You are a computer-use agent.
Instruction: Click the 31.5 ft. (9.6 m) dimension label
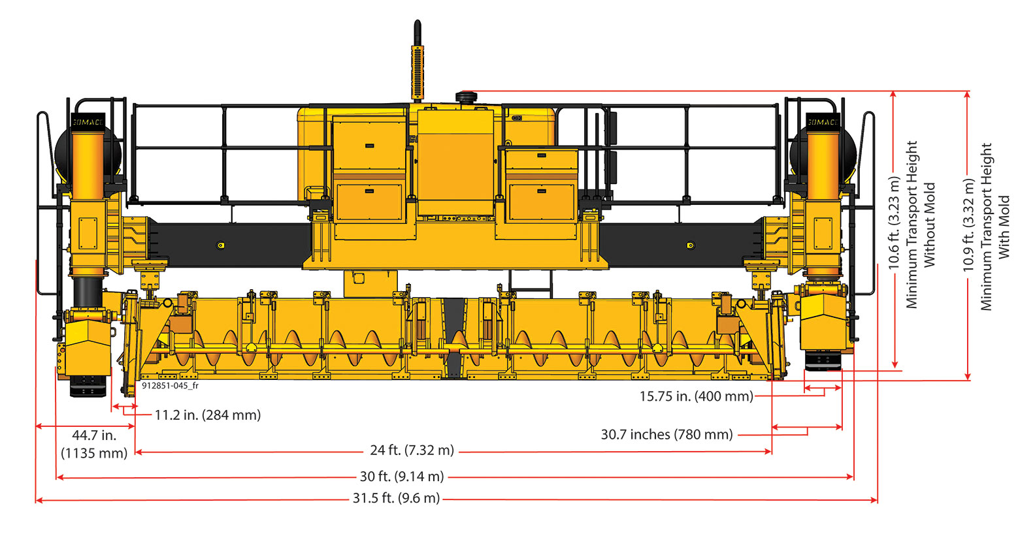pos(396,499)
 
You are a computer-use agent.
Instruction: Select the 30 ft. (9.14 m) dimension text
pos(402,477)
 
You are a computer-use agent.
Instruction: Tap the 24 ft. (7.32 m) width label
pos(412,450)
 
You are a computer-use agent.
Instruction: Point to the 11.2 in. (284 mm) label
pos(208,415)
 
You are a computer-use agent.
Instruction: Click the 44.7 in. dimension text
pos(94,435)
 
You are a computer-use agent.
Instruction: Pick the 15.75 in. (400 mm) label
pos(696,396)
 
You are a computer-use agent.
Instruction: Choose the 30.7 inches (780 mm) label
pos(666,434)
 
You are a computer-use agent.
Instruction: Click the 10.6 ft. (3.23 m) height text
pos(894,223)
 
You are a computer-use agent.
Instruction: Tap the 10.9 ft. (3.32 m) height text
pos(969,225)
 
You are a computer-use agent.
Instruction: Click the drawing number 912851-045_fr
pos(170,386)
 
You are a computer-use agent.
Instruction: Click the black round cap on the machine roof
pos(467,98)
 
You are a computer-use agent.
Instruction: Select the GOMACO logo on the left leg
pos(88,122)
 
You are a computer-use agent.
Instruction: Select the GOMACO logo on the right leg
pos(823,122)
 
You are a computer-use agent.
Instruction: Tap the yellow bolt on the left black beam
pos(221,245)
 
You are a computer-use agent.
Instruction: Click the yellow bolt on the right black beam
pos(690,245)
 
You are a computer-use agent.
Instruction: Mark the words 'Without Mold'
pos(930,225)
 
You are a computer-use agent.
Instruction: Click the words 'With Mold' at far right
pos(1004,227)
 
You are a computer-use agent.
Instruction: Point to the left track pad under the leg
pos(88,386)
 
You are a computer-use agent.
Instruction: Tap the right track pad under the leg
pos(823,360)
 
